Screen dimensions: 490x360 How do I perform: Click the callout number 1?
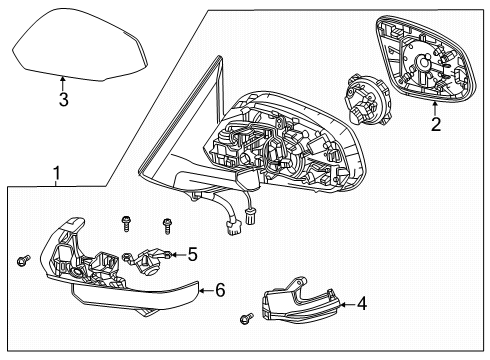tap(57, 173)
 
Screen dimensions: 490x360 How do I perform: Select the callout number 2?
tap(436, 124)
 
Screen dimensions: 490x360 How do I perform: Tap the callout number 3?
tap(63, 99)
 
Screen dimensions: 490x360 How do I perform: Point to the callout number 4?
tap(362, 304)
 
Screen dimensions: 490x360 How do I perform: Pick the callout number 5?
tap(193, 254)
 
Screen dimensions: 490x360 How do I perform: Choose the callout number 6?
tap(220, 290)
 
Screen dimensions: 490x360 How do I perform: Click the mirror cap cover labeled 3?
tap(80, 45)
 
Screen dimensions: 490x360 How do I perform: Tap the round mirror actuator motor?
tap(367, 99)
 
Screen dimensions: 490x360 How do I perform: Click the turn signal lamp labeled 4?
tap(300, 299)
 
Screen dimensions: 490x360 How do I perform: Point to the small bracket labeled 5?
tap(147, 261)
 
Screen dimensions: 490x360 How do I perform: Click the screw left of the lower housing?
tap(23, 260)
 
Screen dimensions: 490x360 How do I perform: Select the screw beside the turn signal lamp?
tap(246, 319)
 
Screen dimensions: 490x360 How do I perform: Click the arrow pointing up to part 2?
tap(435, 108)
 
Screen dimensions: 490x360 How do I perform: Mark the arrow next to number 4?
tap(347, 304)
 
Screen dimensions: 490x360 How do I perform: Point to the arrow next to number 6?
tap(206, 290)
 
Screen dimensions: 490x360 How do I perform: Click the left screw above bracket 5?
tap(126, 223)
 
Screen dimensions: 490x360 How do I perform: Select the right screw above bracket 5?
tap(167, 227)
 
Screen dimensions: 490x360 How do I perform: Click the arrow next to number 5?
tap(178, 255)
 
